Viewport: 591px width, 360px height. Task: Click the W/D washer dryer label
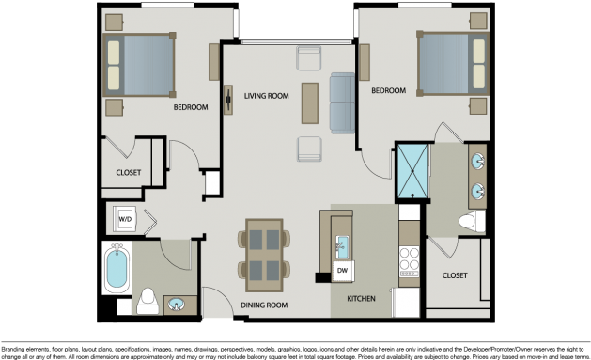click(124, 220)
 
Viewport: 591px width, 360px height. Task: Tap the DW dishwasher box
click(343, 271)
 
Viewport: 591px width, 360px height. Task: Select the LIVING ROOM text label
click(266, 96)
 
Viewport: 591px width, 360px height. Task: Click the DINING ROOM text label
click(264, 305)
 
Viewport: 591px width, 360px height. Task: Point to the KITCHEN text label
click(362, 299)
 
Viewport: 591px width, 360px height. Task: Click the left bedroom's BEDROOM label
click(191, 107)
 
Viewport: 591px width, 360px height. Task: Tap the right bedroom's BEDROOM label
click(388, 91)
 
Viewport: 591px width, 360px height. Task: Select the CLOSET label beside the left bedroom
click(129, 172)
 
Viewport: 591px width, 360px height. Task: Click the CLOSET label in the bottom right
click(455, 275)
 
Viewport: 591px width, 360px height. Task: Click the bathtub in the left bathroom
click(117, 266)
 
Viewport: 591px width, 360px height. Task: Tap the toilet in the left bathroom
click(147, 302)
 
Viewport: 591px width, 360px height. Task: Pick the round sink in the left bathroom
click(175, 304)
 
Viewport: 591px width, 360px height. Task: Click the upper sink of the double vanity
click(477, 160)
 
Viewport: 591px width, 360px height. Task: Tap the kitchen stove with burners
click(410, 258)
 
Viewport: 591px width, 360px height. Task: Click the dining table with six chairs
click(264, 251)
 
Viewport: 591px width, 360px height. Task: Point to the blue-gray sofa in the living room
click(342, 102)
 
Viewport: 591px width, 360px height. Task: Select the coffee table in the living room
click(309, 103)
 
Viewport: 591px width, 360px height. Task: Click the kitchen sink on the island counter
click(343, 246)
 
